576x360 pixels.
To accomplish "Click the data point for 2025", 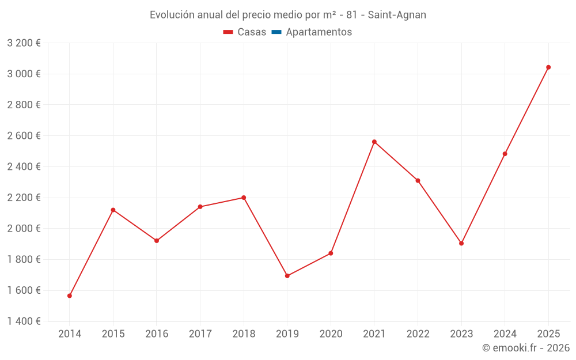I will (x=548, y=67).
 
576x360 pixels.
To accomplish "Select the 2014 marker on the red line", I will (x=70, y=296).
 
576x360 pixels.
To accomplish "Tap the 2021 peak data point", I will (x=374, y=142).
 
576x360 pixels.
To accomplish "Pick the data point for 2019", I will (x=287, y=276).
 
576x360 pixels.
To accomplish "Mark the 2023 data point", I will (x=461, y=243).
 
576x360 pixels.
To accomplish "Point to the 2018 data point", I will (x=244, y=198).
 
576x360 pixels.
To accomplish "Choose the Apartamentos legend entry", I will (x=319, y=32).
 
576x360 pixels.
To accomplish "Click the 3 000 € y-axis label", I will (x=24, y=74).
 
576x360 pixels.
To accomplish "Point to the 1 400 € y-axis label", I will (x=24, y=321).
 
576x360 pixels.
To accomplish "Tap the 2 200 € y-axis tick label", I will (x=24, y=198).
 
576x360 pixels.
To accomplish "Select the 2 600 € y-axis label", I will (x=24, y=136).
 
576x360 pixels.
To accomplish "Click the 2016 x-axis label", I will (x=157, y=334).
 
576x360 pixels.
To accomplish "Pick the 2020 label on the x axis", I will (x=331, y=334).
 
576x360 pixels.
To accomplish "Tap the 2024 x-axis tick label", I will (x=505, y=334).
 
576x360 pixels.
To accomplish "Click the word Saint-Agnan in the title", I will (x=397, y=15).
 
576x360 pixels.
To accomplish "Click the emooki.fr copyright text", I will (x=526, y=348).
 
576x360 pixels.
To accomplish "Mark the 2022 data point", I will (x=418, y=181).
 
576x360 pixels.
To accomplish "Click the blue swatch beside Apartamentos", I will (x=276, y=32).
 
